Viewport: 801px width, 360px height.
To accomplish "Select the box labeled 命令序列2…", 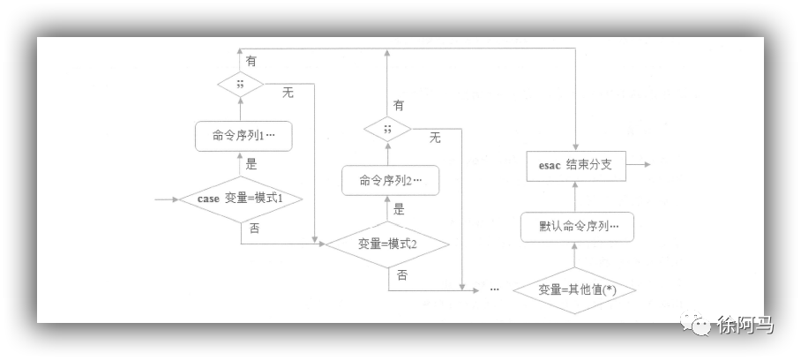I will pyautogui.click(x=389, y=181).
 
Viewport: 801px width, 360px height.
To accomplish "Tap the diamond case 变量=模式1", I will pyautogui.click(x=241, y=199).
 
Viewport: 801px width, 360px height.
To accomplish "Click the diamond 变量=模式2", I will pyautogui.click(x=388, y=244).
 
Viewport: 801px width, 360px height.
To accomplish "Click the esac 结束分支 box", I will pyautogui.click(x=575, y=165).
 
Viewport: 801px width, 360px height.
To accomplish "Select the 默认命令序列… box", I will pyautogui.click(x=575, y=226).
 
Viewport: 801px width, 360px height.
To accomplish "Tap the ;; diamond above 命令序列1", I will pyautogui.click(x=241, y=86).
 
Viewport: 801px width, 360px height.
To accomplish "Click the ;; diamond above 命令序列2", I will pyautogui.click(x=389, y=130).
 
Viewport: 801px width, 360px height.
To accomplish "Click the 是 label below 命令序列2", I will pyautogui.click(x=399, y=210).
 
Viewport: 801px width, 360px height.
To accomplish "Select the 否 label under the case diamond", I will pyautogui.click(x=254, y=229).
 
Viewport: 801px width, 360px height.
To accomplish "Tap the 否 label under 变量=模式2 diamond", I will pyautogui.click(x=402, y=275).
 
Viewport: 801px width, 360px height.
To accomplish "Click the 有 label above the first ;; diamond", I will pyautogui.click(x=251, y=61).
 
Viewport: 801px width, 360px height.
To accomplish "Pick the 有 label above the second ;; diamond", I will pyautogui.click(x=400, y=105).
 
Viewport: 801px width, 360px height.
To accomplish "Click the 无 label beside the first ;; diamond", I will pyautogui.click(x=288, y=92).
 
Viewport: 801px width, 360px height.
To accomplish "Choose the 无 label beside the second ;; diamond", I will pyautogui.click(x=435, y=137).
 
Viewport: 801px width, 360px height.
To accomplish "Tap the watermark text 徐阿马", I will pyautogui.click(x=745, y=325).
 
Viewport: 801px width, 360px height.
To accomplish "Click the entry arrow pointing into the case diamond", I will pyautogui.click(x=165, y=199).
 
